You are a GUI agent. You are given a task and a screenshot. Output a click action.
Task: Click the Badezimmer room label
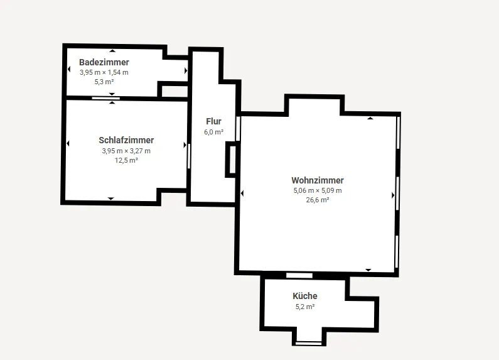point(104,62)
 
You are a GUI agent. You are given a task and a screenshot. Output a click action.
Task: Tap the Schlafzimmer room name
point(126,140)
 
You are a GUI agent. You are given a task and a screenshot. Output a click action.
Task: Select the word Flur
point(213,121)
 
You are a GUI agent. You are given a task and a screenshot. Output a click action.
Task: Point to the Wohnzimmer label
point(318,180)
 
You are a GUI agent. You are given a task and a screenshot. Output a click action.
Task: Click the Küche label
point(305,296)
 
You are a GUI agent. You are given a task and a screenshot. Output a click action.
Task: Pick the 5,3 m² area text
point(104,82)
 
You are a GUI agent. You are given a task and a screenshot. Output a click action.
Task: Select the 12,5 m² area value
point(126,160)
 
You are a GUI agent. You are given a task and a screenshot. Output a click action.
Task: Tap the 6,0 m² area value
point(213,132)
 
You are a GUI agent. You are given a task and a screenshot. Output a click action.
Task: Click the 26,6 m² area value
point(318,200)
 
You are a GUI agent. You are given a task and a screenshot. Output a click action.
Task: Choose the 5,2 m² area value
point(305,307)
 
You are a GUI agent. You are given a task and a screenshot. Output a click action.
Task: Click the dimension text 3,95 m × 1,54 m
point(104,72)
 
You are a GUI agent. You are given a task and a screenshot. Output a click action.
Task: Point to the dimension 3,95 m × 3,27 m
point(126,151)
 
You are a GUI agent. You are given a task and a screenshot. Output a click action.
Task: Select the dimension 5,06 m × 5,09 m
point(318,190)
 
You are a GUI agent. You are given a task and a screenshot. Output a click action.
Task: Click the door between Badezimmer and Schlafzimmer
point(106,98)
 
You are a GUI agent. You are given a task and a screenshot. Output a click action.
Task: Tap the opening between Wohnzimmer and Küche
point(299,275)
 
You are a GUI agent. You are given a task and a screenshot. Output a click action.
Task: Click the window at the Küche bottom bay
point(308,344)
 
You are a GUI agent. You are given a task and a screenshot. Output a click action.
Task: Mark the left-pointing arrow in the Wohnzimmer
point(242,194)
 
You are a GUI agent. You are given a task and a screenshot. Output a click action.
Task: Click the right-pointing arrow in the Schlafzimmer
point(185,145)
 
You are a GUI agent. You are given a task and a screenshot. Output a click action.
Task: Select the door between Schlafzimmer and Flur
point(189,156)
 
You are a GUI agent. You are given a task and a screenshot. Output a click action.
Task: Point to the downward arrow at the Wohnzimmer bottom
point(368,270)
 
